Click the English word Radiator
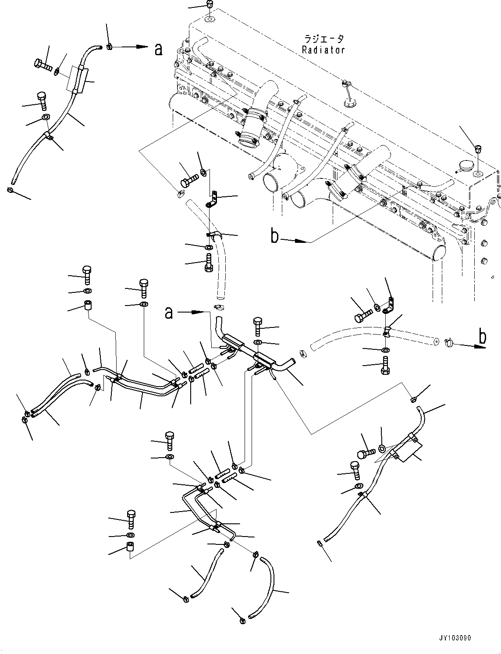[x=323, y=50]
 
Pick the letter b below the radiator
[x=275, y=237]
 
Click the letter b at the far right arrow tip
[x=482, y=337]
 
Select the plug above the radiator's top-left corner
[x=209, y=6]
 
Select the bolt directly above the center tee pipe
[x=257, y=327]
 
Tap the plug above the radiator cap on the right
[x=479, y=149]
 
